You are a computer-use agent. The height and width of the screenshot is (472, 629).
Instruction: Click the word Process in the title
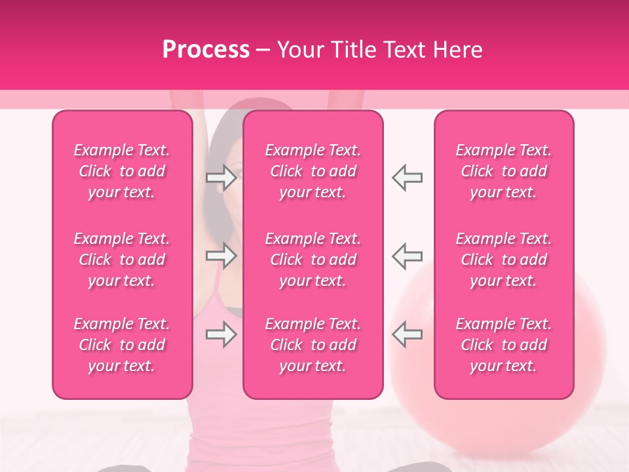point(206,49)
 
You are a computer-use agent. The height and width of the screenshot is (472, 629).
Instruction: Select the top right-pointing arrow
point(221,177)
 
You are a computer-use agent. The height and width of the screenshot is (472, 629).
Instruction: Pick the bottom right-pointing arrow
point(221,335)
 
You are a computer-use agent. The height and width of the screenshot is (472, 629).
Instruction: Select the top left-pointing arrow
point(407,177)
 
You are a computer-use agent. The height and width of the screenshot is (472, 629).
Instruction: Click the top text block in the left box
point(122,171)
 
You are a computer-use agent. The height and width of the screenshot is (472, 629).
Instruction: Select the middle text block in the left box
point(122,260)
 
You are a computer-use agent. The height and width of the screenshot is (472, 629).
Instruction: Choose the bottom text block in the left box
point(122,345)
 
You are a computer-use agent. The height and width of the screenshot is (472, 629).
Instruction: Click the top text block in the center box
point(313,171)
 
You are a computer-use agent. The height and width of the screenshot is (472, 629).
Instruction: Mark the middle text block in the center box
point(313,260)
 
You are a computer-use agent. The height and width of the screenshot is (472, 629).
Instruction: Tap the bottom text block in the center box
point(313,345)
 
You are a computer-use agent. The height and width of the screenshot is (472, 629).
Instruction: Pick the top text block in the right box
point(504,171)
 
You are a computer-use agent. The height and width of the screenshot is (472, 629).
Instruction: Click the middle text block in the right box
point(504,260)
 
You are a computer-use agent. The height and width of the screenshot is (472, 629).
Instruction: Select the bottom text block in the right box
point(504,345)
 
